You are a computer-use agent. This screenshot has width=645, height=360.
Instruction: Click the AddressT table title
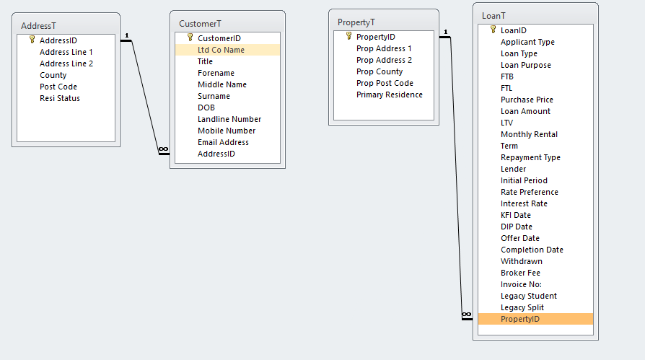pos(38,26)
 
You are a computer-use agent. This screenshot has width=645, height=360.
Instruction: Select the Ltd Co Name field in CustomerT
pos(221,50)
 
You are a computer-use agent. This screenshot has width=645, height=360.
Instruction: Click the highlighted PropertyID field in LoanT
pos(520,319)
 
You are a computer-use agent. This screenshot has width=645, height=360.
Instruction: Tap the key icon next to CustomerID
pos(190,38)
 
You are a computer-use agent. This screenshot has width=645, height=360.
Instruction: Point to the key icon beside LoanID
pos(493,30)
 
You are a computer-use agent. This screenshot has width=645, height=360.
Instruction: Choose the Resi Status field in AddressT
pos(60,98)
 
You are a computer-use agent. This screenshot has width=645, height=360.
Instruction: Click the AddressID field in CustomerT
pos(216,154)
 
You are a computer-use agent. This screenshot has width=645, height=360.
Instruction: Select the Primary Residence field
pos(389,95)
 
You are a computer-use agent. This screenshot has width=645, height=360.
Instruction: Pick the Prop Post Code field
pos(385,83)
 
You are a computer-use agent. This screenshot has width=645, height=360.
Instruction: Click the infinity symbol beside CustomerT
pos(163,149)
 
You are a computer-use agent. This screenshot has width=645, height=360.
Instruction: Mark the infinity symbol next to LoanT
pos(467,315)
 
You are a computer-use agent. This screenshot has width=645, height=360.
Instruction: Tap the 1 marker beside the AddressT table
pos(127,35)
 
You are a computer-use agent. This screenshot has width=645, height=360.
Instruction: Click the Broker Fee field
pos(520,273)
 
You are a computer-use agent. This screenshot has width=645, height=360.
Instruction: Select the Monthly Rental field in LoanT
pos(529,134)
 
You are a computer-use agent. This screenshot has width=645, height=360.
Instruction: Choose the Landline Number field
pos(229,119)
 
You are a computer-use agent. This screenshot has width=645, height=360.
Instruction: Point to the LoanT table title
pos(493,16)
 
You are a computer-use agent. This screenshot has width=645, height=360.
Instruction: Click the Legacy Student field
pos(529,297)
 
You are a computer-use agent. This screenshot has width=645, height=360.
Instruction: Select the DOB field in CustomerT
pos(206,107)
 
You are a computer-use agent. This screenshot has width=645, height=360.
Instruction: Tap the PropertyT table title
pos(356,22)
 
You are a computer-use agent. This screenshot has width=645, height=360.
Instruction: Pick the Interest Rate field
pos(524,203)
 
